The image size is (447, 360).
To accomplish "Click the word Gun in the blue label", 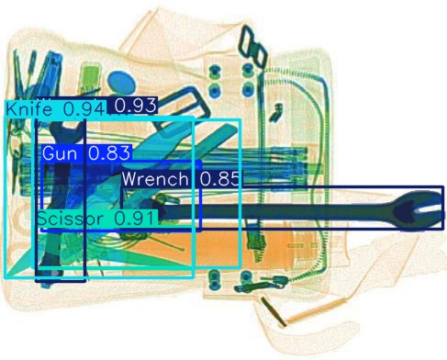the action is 61,153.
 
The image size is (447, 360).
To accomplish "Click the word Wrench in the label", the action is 155,179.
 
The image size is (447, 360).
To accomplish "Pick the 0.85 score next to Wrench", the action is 219,179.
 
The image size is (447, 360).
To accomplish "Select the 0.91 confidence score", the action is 138,219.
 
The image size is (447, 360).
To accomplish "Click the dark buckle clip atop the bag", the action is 250,42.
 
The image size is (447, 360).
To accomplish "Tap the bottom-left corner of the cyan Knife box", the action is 6,277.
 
